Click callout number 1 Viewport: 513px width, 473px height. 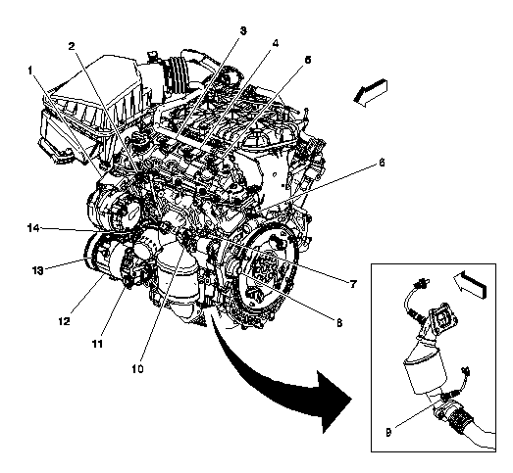click(30, 71)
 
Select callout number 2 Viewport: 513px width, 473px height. click(72, 46)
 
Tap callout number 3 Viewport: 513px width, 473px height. click(243, 31)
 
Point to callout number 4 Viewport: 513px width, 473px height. click(276, 43)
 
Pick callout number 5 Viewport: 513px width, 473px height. click(307, 60)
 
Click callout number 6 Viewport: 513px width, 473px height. click(382, 163)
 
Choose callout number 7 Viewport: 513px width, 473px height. click(353, 285)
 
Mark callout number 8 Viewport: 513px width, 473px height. click(339, 323)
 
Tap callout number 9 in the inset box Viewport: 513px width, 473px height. click(388, 433)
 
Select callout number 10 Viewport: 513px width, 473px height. click(137, 369)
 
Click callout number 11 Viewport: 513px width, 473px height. click(97, 344)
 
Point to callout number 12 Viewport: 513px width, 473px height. click(65, 321)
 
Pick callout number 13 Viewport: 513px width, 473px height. click(37, 271)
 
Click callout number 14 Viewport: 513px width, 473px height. click(33, 227)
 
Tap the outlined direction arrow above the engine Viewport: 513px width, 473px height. click(371, 93)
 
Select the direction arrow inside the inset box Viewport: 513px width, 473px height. click(470, 284)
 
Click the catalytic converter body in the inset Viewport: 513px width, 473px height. click(425, 372)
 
